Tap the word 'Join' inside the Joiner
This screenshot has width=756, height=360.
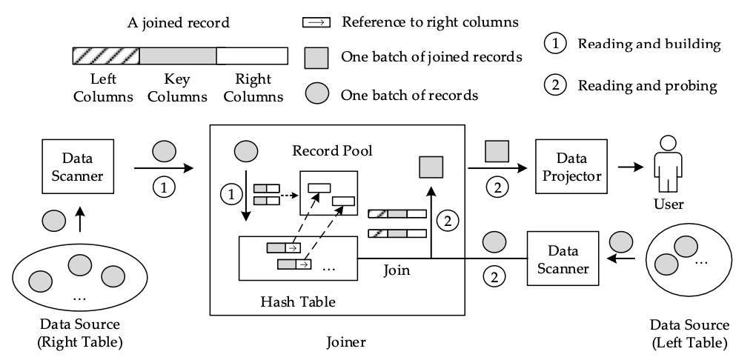click(x=397, y=270)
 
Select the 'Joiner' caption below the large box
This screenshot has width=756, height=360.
click(x=347, y=342)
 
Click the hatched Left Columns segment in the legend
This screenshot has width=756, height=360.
click(x=105, y=56)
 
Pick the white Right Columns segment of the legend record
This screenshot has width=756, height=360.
click(x=252, y=56)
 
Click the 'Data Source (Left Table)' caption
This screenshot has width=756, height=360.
click(x=689, y=333)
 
